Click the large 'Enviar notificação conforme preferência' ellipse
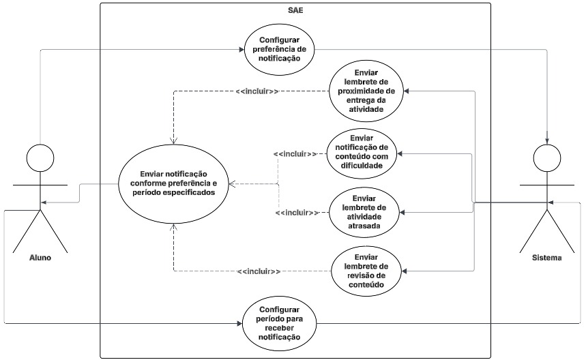[173, 184]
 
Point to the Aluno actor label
[40, 258]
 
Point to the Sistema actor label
[547, 258]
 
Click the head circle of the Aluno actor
[40, 158]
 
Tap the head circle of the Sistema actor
[546, 158]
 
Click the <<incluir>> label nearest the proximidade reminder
[257, 91]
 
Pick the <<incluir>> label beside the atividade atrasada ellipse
[297, 213]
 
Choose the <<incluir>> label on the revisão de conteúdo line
[259, 272]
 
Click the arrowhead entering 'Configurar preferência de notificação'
[241, 49]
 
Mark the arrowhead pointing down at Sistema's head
[546, 140]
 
